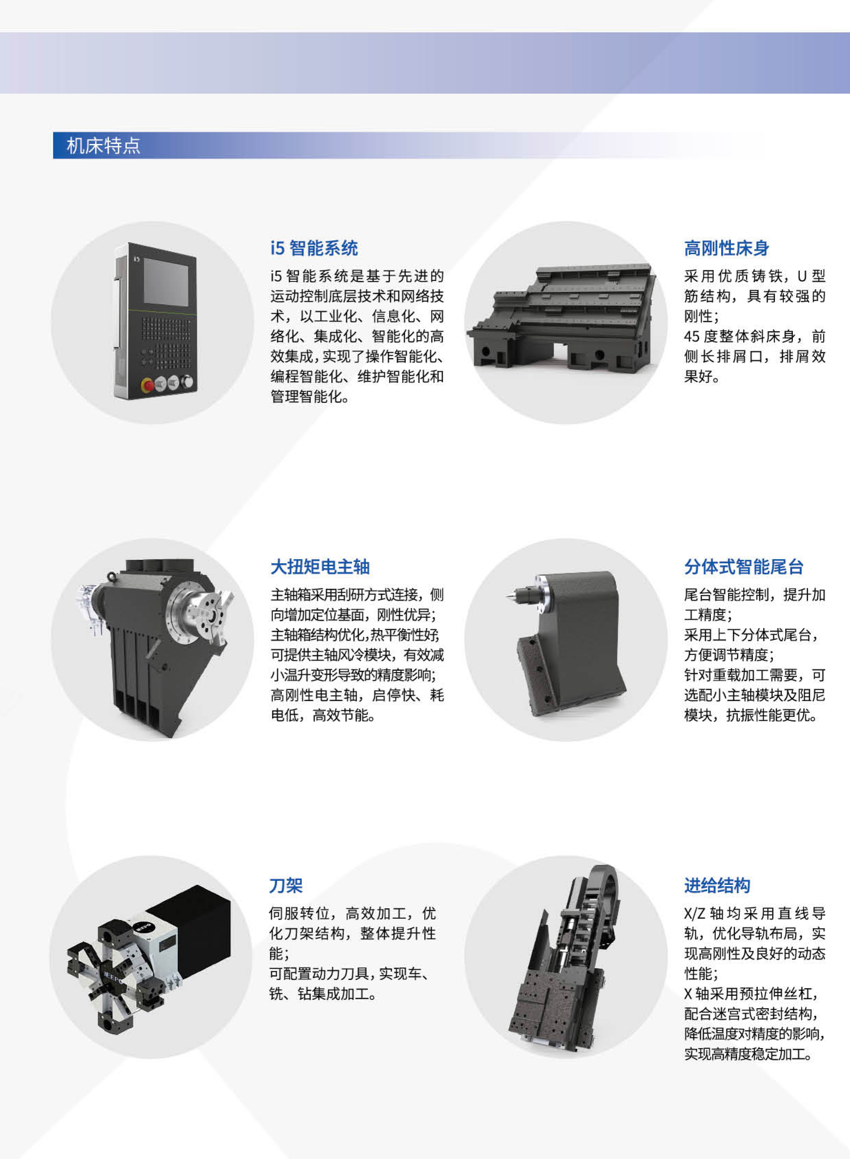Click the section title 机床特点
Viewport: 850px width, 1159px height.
pyautogui.click(x=103, y=146)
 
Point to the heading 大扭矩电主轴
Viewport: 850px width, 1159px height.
pyautogui.click(x=320, y=567)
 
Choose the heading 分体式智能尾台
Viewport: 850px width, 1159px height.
pyautogui.click(x=744, y=567)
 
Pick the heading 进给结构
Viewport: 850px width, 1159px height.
pyautogui.click(x=717, y=885)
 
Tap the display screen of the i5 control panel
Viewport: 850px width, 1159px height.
pyautogui.click(x=166, y=282)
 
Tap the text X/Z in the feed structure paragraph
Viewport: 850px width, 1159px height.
pyautogui.click(x=695, y=913)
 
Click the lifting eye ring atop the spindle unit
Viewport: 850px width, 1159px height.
pyautogui.click(x=112, y=576)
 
